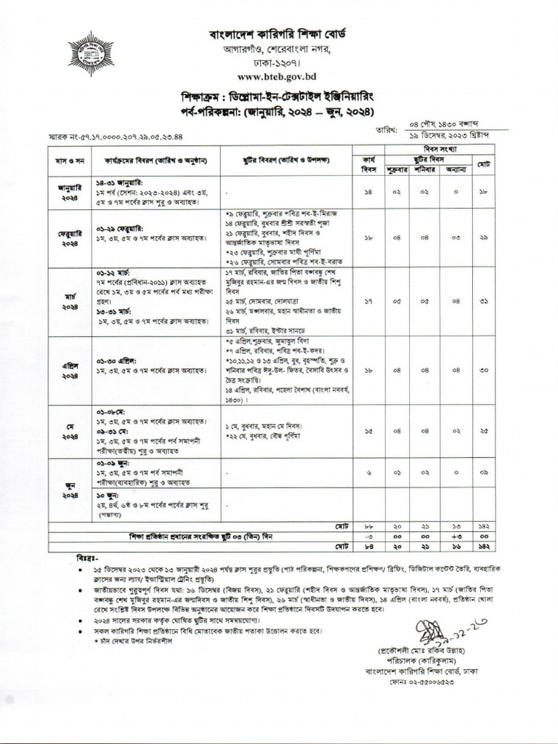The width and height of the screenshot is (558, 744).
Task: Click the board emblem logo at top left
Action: pyautogui.click(x=91, y=54)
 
